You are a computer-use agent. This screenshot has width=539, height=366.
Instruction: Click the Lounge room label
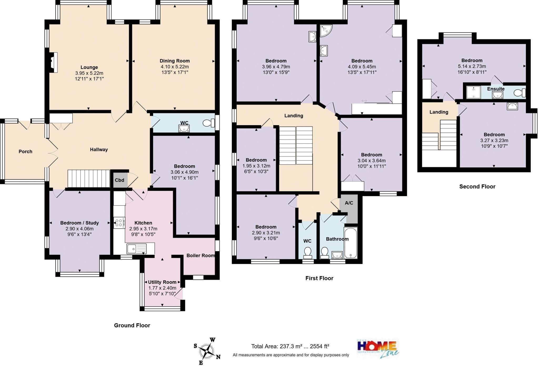89,67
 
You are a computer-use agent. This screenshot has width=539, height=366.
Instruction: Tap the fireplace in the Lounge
54,62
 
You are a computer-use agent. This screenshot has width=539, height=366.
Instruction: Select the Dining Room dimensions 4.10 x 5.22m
174,67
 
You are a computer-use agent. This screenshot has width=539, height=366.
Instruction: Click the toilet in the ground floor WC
208,123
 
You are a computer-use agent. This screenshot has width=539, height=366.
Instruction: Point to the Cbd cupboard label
119,180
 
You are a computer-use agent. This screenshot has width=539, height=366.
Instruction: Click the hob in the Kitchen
119,223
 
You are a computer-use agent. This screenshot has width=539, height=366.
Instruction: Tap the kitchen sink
136,248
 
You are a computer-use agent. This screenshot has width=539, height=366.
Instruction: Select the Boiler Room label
201,255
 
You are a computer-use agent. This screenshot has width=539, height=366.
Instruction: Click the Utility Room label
162,282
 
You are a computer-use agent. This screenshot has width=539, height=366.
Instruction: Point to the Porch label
25,151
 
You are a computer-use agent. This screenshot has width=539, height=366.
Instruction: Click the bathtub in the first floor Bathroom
351,243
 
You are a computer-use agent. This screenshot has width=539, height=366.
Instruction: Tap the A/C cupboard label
349,203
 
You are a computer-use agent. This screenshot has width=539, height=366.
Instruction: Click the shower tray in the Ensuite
473,92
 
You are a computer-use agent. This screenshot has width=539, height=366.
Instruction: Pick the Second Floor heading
477,186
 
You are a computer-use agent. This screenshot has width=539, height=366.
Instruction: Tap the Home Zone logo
378,348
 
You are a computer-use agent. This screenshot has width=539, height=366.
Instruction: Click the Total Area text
290,346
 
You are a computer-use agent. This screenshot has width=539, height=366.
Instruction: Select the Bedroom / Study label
79,223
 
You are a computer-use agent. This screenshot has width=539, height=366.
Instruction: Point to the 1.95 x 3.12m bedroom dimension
256,166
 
